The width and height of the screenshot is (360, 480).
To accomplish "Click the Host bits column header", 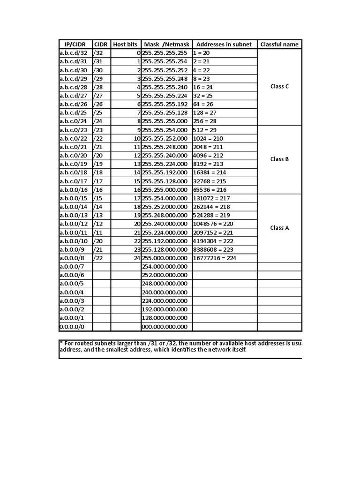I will tap(125, 44).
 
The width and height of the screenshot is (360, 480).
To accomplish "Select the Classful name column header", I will tap(279, 44).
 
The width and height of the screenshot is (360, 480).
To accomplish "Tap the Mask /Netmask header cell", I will tap(166, 44).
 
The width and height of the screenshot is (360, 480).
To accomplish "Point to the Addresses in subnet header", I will tap(224, 44).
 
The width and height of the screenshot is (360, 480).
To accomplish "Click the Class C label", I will tap(280, 86).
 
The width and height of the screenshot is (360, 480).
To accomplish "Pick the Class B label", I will tap(280, 159).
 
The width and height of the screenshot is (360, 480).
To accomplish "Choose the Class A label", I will tap(280, 228).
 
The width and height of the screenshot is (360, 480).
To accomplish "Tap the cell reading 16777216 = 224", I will tap(215, 258).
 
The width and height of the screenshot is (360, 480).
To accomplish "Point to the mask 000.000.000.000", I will tap(165, 327).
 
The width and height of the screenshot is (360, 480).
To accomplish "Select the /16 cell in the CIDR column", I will tap(98, 190).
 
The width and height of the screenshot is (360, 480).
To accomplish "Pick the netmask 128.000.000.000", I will tap(165, 318).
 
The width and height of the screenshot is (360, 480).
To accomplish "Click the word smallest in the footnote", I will tap(122, 350).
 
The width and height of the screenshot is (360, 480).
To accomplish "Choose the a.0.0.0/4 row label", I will tap(72, 292).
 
